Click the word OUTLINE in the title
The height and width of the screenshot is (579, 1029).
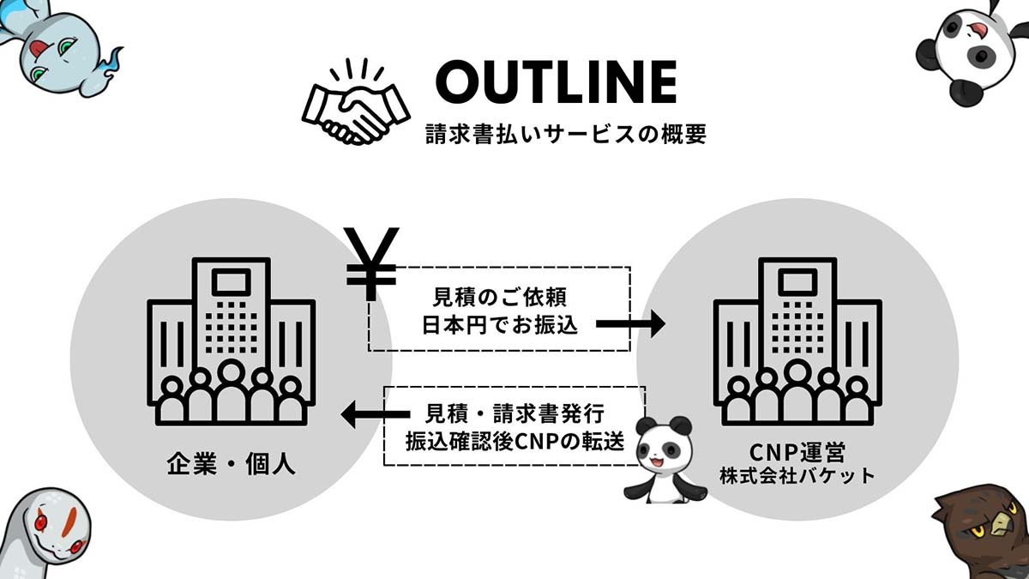[x=556, y=82]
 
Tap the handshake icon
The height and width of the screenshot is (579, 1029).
[x=356, y=102]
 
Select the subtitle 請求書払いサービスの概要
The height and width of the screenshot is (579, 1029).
[x=565, y=134]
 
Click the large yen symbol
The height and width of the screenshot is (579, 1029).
[x=371, y=264]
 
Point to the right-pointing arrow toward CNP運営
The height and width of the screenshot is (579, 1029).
[x=630, y=324]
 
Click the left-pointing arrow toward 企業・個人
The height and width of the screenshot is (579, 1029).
[x=376, y=414]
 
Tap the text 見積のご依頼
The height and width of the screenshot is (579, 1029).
[x=500, y=297]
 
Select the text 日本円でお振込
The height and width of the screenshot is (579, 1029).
[x=500, y=325]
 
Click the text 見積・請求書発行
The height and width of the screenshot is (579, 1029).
[x=514, y=413]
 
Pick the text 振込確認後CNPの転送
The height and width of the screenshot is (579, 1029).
[x=515, y=442]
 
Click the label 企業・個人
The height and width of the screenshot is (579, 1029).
[x=231, y=463]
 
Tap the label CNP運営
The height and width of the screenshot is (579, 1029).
[x=797, y=452]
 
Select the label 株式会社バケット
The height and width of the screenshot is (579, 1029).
[x=797, y=476]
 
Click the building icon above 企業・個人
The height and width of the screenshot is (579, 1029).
[x=231, y=341]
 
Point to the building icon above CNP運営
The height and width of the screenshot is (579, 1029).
[x=797, y=341]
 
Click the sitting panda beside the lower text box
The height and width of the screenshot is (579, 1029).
[x=665, y=460]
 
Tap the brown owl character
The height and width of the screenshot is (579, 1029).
[x=982, y=531]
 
